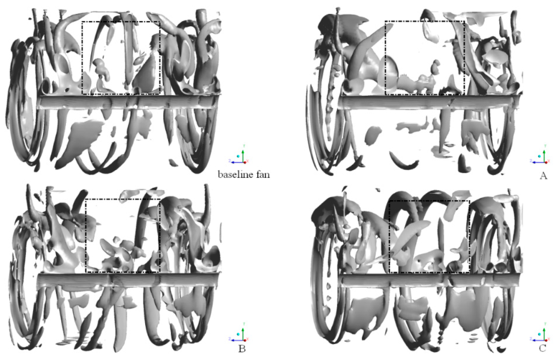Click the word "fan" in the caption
tap(262, 174)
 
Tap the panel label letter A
tap(543, 176)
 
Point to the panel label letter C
tap(542, 348)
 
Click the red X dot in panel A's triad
tap(546, 162)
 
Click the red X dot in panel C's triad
tap(546, 339)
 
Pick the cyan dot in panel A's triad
tap(540, 156)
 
